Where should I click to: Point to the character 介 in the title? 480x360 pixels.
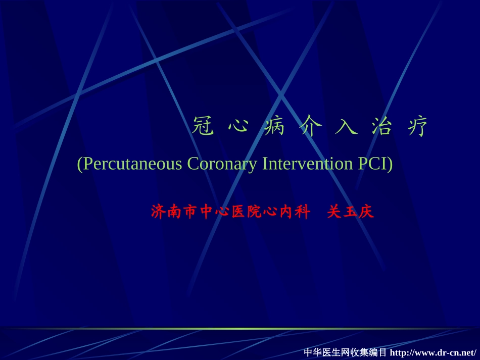tap(310, 127)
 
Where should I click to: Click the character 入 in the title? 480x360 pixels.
tap(346, 127)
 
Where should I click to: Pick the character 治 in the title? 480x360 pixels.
tap(381, 127)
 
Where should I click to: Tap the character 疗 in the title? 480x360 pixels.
tap(417, 127)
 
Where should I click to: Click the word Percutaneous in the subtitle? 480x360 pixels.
tap(132, 164)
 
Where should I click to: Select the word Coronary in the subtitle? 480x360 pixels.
tap(222, 164)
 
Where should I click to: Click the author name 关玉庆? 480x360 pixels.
tap(350, 212)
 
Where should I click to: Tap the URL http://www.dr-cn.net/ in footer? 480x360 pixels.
tap(433, 352)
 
